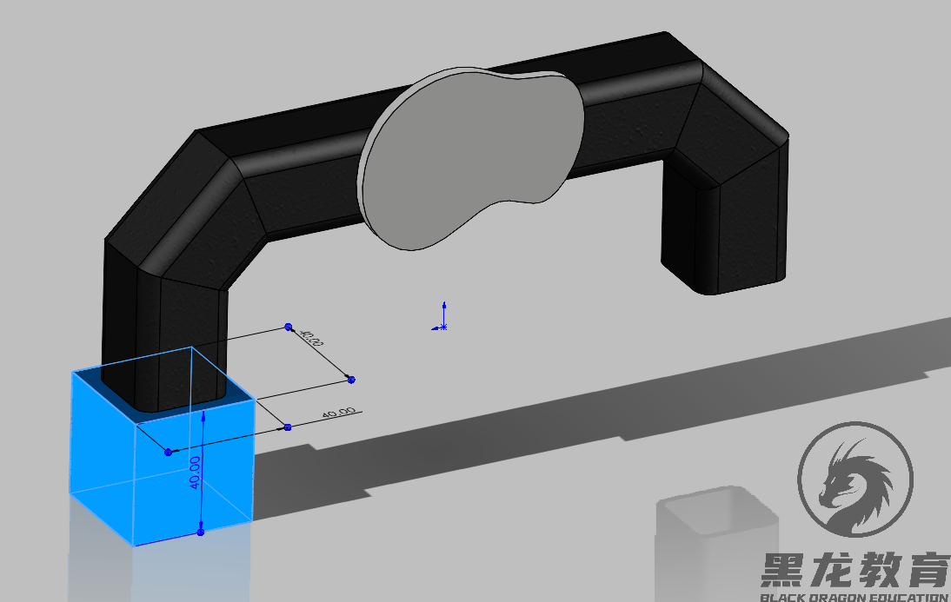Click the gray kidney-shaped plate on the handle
pos(469,156)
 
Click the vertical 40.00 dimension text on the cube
pos(196,473)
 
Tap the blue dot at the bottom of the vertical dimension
pos(201,532)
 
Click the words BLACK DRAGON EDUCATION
pos(855,597)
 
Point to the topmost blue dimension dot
pos(288,327)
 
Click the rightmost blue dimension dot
pos(350,379)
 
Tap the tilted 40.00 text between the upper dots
pos(311,338)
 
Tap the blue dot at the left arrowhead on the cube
pos(168,452)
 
